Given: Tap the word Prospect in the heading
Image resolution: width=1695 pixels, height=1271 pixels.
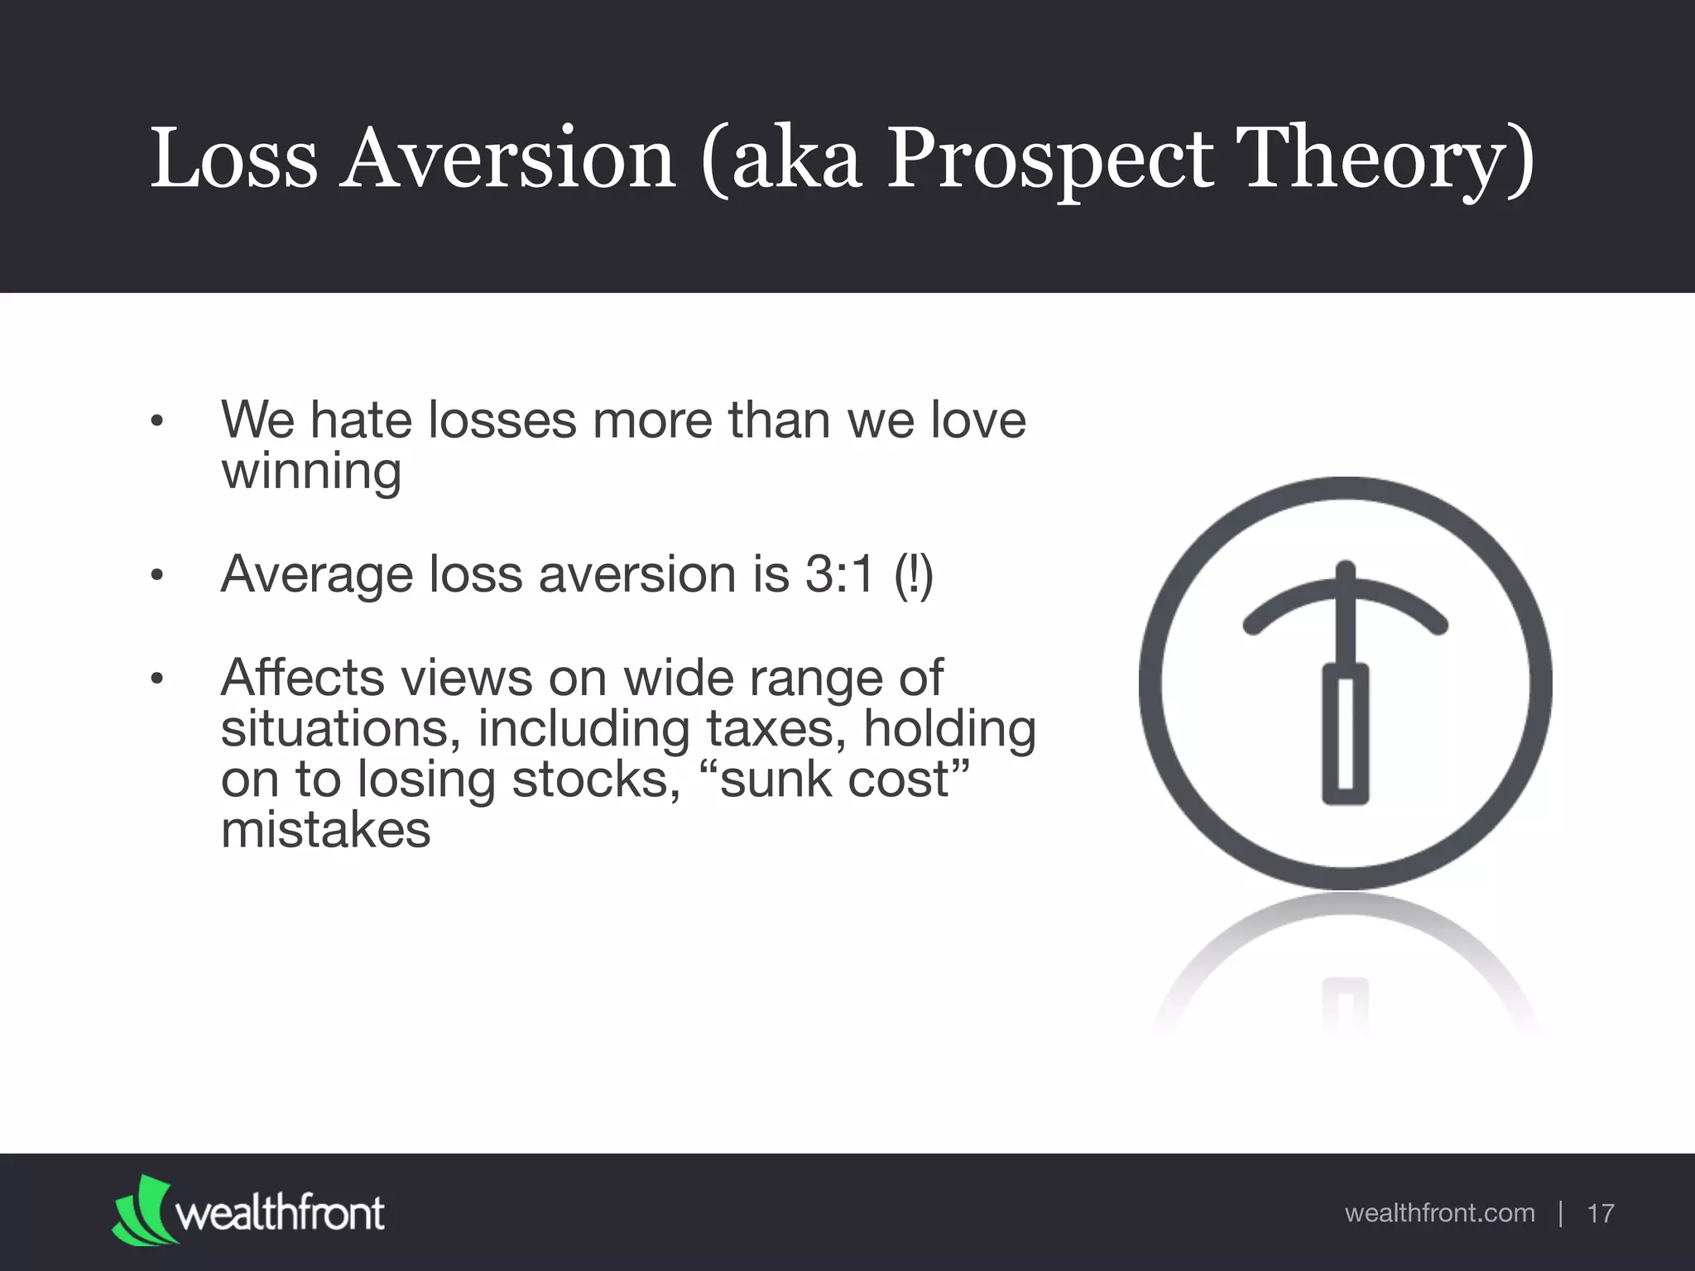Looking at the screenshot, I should click(1049, 159).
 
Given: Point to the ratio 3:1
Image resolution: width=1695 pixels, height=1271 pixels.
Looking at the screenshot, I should click(839, 573).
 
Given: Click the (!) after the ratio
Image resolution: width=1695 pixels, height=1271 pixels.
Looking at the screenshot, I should click(913, 573).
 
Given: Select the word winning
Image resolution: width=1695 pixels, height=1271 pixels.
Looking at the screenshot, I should click(311, 472).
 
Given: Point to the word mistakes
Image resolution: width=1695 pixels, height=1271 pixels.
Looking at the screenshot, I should click(325, 829).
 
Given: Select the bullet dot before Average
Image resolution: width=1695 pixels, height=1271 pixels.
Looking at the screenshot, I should click(156, 575).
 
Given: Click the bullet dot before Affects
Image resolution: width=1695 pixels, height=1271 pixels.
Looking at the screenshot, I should click(156, 679).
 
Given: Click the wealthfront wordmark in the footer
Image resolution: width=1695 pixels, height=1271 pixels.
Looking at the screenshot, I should click(280, 1214).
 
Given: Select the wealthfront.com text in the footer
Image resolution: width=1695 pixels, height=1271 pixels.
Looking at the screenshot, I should click(1439, 1213).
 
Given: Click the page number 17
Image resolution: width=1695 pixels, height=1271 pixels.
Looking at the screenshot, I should click(1600, 1213).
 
